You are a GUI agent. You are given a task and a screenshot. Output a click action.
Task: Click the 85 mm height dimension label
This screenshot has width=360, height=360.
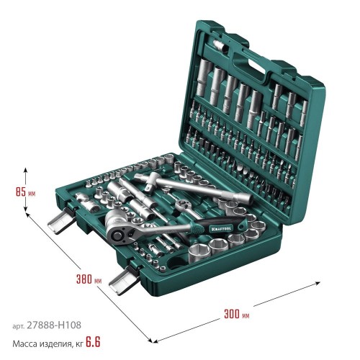[x=25, y=192]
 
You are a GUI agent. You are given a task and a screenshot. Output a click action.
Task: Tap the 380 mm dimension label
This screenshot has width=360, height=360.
[x=89, y=279]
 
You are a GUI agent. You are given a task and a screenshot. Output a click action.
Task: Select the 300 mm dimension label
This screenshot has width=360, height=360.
[x=237, y=314]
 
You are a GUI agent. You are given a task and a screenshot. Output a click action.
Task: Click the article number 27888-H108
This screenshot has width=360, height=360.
[x=54, y=325]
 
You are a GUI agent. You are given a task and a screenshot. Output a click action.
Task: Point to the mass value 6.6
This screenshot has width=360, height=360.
[x=93, y=342]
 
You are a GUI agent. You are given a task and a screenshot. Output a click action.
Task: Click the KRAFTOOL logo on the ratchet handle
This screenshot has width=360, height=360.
[x=221, y=228]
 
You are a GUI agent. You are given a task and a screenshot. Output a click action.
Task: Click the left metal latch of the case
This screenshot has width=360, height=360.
[x=61, y=220]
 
